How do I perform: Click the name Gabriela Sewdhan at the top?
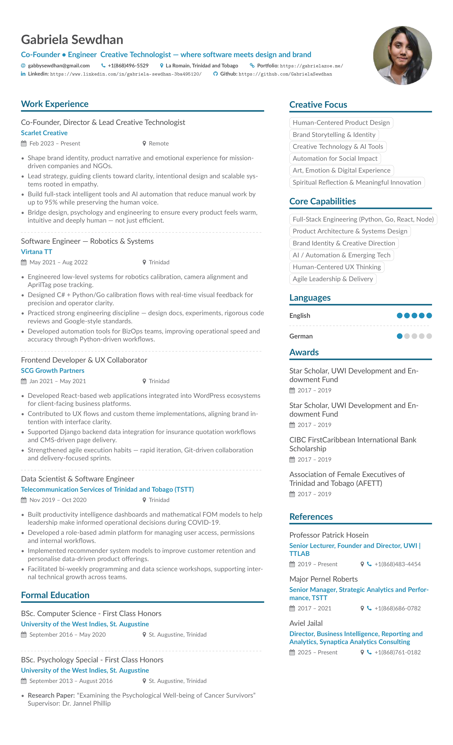coord(72,40)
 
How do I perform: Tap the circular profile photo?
coord(402,55)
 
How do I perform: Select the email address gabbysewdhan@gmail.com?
coord(59,66)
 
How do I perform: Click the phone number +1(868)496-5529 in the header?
coord(128,66)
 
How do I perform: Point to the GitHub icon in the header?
coord(215,74)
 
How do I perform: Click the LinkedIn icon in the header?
coord(23,74)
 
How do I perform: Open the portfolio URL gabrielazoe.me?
coord(311,66)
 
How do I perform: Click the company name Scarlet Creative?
coord(44,133)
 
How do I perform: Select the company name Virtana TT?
coord(36,252)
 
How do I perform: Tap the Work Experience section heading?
coord(55,104)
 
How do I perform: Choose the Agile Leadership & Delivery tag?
coord(333,279)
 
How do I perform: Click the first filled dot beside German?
coord(399,336)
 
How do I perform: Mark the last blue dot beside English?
coord(429,316)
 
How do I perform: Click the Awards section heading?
coord(304,353)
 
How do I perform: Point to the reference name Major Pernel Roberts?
coord(323,579)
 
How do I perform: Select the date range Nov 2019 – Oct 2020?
coord(58,500)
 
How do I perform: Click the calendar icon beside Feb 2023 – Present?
coord(24,144)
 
